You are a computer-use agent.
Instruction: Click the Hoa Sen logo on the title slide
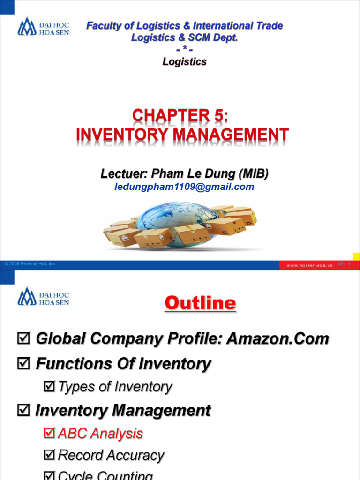point(43,27)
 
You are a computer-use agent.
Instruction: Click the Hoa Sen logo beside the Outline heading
point(43,296)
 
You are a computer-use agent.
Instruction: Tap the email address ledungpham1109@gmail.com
point(184,187)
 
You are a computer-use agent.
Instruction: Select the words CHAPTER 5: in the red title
point(183,116)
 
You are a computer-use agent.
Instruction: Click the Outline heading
point(200,303)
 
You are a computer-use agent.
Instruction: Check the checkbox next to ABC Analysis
point(49,433)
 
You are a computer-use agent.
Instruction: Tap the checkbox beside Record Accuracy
point(49,455)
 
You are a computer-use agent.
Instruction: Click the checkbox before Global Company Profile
point(22,338)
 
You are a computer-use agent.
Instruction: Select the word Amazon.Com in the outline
point(277,338)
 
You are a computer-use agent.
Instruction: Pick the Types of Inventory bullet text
point(115,387)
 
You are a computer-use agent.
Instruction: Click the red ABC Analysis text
point(100,433)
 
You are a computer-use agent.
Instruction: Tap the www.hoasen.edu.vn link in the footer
point(309,265)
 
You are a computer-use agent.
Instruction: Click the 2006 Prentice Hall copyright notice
point(30,264)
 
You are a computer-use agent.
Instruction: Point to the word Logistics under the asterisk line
point(184,61)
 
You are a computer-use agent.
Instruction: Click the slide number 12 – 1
point(344,264)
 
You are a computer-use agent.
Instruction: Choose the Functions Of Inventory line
point(123,363)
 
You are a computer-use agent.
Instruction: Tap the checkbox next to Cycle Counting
point(49,475)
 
